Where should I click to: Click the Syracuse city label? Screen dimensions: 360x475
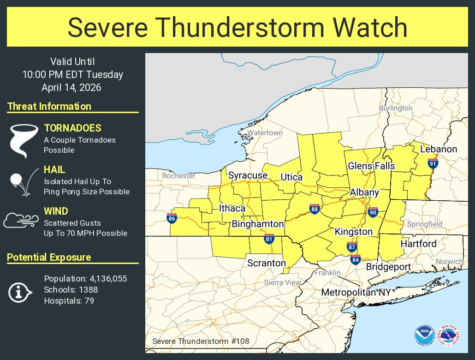click(248, 175)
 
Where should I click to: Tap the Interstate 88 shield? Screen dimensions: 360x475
click(315, 209)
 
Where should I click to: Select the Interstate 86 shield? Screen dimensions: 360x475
click(172, 218)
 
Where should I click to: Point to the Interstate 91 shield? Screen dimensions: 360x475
click(432, 163)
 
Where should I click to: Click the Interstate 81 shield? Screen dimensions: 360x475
click(269, 239)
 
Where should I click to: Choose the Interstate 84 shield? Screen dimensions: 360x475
click(355, 259)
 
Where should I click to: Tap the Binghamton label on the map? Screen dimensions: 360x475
click(257, 224)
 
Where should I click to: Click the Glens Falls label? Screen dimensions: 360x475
click(371, 166)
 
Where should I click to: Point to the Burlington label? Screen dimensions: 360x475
click(396, 108)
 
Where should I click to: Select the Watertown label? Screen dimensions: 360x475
click(265, 133)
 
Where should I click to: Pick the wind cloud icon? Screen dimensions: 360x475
click(20, 221)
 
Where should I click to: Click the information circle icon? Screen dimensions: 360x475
click(20, 291)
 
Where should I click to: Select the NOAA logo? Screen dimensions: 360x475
click(424, 335)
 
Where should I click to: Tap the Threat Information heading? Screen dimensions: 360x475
click(49, 107)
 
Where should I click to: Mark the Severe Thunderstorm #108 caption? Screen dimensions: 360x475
click(201, 342)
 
